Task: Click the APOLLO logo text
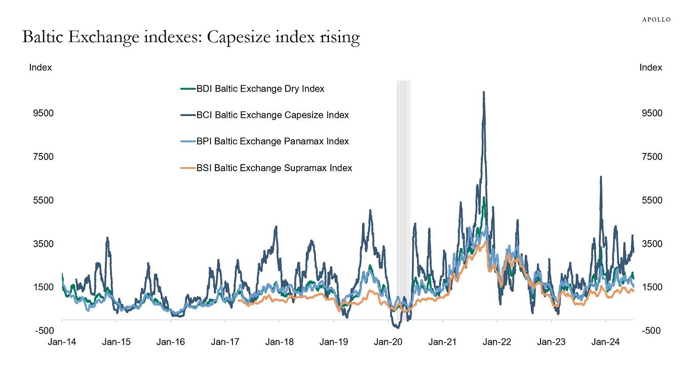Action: pyautogui.click(x=656, y=19)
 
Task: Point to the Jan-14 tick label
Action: pyautogui.click(x=62, y=341)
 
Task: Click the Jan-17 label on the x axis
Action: pyautogui.click(x=225, y=341)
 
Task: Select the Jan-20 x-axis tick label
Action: pyautogui.click(x=388, y=341)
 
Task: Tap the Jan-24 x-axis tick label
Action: pyautogui.click(x=606, y=341)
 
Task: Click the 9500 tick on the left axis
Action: pyautogui.click(x=43, y=113)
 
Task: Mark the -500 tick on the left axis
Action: pyautogui.click(x=43, y=331)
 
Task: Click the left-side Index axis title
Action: pyautogui.click(x=41, y=67)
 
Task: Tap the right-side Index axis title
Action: pyautogui.click(x=651, y=67)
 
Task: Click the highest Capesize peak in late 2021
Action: pyautogui.click(x=484, y=93)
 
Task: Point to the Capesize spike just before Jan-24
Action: pyautogui.click(x=600, y=177)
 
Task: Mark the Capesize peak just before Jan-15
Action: pyautogui.click(x=107, y=238)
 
